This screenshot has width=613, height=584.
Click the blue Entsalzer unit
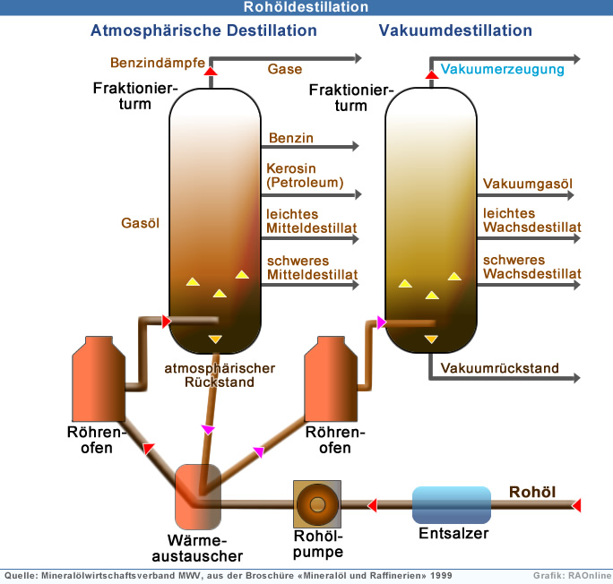[451, 505]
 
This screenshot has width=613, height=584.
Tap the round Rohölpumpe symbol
[318, 505]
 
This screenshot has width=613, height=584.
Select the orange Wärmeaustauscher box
[198, 495]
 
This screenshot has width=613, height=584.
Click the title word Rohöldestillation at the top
[306, 7]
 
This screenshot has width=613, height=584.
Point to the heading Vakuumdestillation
[455, 30]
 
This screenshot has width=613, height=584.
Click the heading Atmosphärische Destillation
[203, 30]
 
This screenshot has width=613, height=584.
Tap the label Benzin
[290, 138]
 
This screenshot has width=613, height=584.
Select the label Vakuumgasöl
[527, 185]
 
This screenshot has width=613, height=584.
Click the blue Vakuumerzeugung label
[503, 69]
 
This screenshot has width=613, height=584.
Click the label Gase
[285, 69]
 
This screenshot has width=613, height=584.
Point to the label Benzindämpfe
[151, 63]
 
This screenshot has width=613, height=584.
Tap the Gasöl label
[140, 223]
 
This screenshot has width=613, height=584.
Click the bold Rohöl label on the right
[532, 492]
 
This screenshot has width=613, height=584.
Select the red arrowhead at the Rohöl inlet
[576, 505]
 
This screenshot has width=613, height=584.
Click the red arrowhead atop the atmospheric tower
[211, 70]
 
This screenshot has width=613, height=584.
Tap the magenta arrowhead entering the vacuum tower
[381, 322]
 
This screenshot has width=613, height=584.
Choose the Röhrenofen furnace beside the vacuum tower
[329, 375]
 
